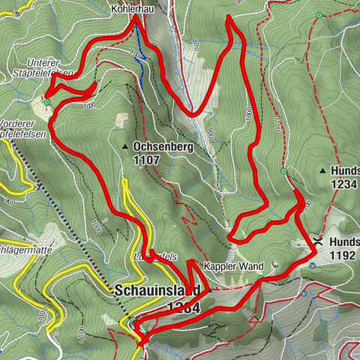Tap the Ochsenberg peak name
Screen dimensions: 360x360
tap(163, 147)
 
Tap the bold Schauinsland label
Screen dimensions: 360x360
tap(157, 290)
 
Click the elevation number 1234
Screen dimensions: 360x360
tap(343, 183)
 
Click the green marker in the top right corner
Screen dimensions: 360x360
tap(320, 16)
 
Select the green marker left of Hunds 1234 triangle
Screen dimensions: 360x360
tap(283, 171)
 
